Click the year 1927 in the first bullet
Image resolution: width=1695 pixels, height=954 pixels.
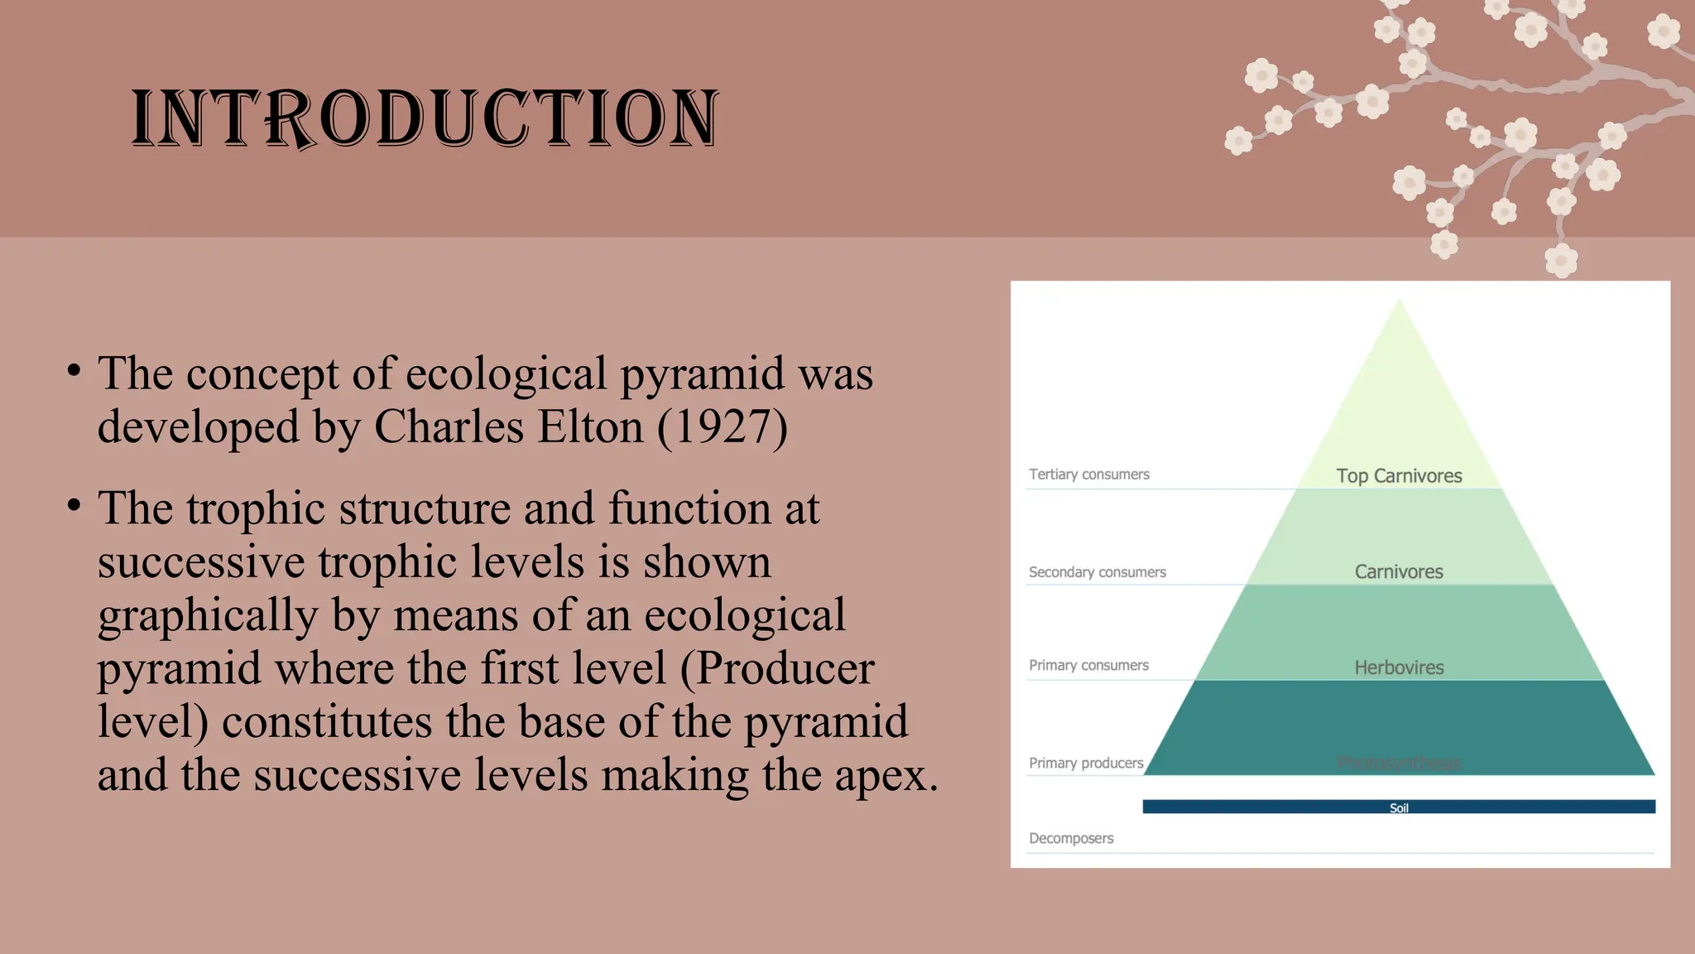click(722, 427)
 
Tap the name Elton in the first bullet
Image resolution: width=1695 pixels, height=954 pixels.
click(590, 427)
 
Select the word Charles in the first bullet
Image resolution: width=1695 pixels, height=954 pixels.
click(449, 427)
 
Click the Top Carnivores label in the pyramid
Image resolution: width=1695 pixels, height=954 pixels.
click(1399, 476)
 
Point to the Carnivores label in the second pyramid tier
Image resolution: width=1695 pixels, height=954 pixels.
click(1399, 572)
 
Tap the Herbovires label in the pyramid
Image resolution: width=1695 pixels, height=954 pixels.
click(1399, 667)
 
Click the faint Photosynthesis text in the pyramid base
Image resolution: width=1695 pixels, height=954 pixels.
click(1399, 763)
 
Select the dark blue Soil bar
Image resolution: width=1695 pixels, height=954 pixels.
click(1399, 807)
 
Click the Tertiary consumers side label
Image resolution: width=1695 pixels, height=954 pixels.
click(1089, 475)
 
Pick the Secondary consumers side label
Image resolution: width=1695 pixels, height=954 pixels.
click(1097, 572)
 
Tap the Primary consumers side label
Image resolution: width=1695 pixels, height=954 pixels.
click(1088, 665)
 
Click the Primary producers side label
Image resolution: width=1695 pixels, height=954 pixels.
click(1086, 763)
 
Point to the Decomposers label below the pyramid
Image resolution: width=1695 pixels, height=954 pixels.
click(1071, 838)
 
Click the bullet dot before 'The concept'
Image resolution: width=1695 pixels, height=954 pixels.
click(74, 370)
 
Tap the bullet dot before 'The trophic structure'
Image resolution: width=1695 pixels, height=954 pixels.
click(74, 504)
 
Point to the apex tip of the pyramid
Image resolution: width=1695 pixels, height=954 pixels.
click(1399, 301)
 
